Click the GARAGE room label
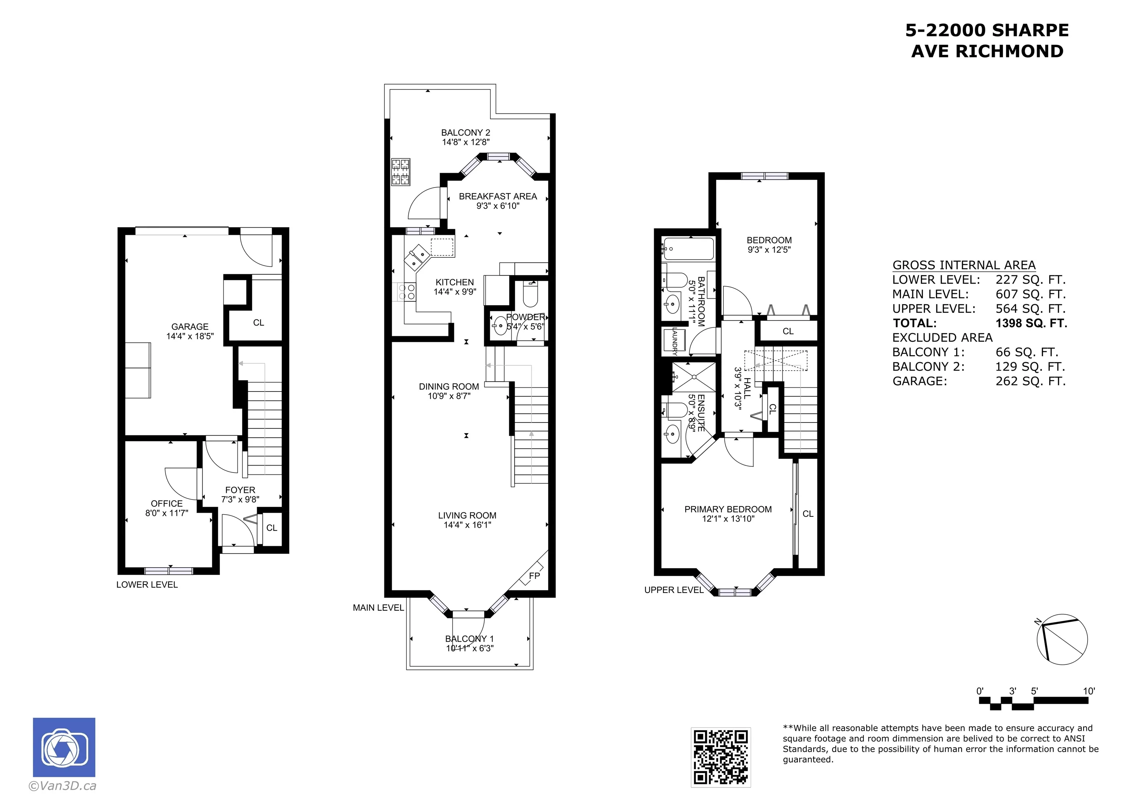point(190,326)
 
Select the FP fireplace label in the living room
point(535,576)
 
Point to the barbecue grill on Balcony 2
point(401,172)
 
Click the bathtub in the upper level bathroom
point(688,249)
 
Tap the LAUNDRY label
point(675,341)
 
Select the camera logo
point(64,747)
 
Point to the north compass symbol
point(1062,639)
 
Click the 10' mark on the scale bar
point(1089,691)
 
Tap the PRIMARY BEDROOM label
point(728,509)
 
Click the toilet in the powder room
point(531,294)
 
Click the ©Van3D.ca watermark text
point(63,786)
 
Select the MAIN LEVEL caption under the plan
point(378,608)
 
